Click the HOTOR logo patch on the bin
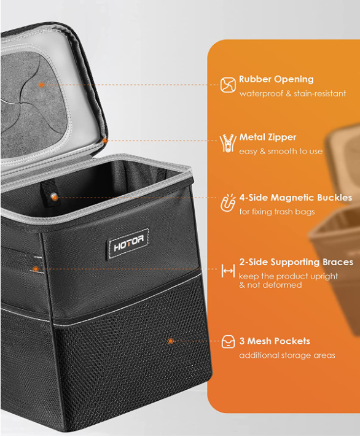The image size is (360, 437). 128,244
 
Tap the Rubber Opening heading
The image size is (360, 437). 276,79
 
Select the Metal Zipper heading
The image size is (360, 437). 268,137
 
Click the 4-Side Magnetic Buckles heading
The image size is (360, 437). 295,198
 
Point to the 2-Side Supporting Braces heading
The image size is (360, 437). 296,262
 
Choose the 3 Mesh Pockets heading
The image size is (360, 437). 275,341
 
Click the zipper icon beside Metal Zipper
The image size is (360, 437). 228,143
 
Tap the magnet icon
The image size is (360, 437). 228,203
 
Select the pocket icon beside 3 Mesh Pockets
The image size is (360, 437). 228,342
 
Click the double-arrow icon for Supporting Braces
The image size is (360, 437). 228,271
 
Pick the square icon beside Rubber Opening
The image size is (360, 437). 228,85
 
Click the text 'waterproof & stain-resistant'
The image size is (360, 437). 292,93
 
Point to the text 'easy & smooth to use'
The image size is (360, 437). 281,152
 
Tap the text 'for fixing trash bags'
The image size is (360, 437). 277,212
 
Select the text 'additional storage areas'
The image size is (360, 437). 288,355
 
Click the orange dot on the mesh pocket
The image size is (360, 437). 171,341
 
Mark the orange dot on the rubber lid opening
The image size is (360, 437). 42,85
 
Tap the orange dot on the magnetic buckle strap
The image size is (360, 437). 55,198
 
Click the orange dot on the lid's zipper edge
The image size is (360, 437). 105,141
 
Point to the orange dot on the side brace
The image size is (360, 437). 36,269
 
